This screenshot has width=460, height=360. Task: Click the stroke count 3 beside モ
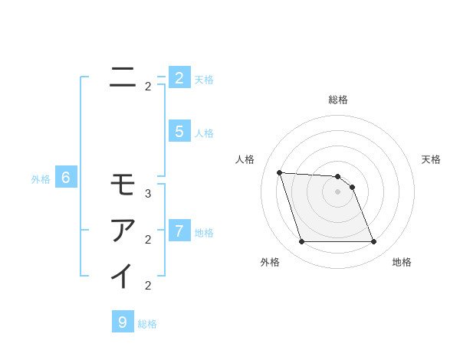click(148, 194)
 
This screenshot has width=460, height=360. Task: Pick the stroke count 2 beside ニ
click(148, 87)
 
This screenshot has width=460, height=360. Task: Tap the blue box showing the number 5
click(179, 132)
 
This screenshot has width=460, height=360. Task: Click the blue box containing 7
click(179, 231)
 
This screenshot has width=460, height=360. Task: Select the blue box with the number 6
click(66, 178)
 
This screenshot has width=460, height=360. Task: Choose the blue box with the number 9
click(122, 322)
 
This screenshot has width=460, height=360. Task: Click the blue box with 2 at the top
click(179, 78)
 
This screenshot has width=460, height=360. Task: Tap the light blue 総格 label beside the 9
click(147, 324)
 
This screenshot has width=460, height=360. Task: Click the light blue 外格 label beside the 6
click(41, 179)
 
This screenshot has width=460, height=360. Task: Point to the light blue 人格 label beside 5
click(204, 133)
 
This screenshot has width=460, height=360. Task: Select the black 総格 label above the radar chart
click(337, 100)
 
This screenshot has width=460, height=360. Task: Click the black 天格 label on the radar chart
click(431, 159)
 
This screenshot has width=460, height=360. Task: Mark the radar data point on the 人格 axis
click(279, 172)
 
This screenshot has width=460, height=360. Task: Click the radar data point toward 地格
click(373, 242)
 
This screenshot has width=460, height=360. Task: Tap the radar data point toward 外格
click(301, 242)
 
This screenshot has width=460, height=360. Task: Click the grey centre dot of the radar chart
click(337, 191)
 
